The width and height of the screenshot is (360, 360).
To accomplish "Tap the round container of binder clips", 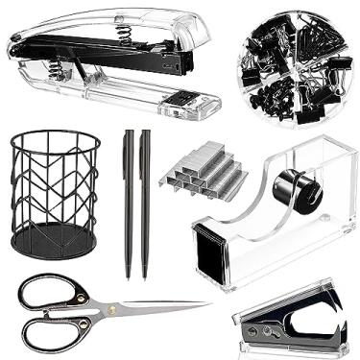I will tap(295, 63).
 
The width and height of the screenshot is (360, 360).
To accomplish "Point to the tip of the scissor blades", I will tap(207, 306).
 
